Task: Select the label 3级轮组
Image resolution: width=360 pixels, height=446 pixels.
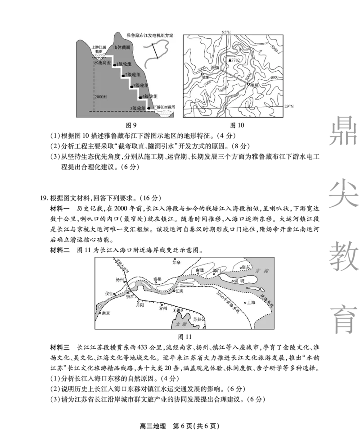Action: pyautogui.click(x=141, y=86)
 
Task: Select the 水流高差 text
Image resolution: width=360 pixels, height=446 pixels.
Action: pyautogui.click(x=102, y=63)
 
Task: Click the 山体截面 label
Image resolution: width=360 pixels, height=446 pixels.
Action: pyautogui.click(x=122, y=47)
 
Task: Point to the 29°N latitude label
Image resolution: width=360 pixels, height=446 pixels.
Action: pyautogui.click(x=290, y=106)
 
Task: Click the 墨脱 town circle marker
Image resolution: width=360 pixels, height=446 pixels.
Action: pyautogui.click(x=248, y=84)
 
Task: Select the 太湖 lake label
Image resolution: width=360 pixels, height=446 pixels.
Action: pyautogui.click(x=181, y=323)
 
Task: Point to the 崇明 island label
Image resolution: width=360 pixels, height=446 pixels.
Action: pyautogui.click(x=238, y=280)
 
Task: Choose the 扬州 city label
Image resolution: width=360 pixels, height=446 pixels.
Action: pyautogui.click(x=119, y=279)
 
